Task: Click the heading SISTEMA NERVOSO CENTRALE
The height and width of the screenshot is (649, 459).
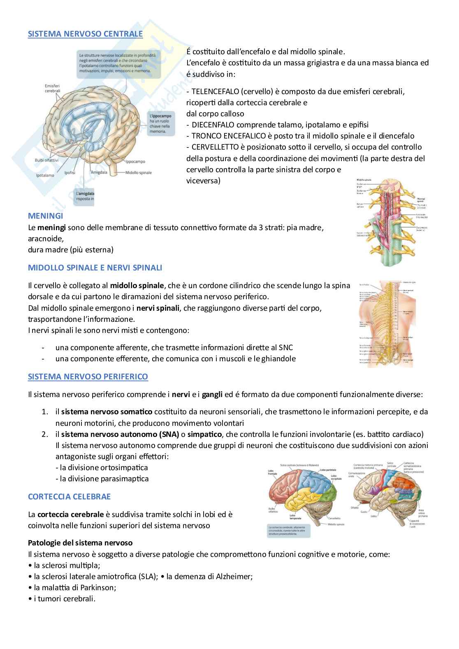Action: (85, 34)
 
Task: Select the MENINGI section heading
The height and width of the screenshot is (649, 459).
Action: (45, 216)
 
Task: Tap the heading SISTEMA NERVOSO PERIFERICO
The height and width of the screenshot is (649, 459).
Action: (88, 376)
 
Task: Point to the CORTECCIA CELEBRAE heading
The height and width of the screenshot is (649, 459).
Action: (69, 497)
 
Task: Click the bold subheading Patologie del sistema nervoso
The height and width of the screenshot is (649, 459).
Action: (80, 543)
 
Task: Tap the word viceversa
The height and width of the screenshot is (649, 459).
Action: (203, 180)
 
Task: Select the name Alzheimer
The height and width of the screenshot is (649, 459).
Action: (233, 576)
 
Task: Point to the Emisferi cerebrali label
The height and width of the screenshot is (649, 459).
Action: (53, 88)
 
